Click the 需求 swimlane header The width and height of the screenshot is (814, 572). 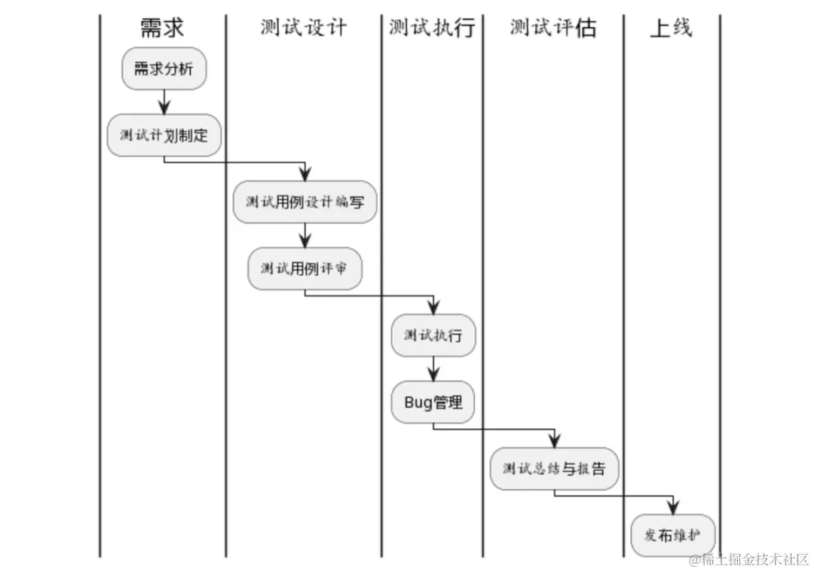click(162, 29)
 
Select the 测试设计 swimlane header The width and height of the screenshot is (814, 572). click(304, 28)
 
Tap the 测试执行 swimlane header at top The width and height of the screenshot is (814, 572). click(432, 29)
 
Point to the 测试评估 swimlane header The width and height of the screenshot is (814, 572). click(552, 29)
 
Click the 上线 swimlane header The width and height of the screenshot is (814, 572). click(671, 29)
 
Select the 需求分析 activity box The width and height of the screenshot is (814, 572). click(164, 69)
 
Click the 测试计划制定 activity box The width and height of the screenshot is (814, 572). click(164, 136)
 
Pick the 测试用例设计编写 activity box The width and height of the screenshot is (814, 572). click(304, 202)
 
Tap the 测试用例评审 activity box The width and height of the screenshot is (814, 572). click(304, 268)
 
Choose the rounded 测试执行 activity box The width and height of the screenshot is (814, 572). click(433, 335)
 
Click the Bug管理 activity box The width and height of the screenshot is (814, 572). click(433, 402)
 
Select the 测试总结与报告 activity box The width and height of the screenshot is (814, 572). click(554, 469)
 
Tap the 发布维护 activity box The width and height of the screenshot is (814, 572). click(672, 536)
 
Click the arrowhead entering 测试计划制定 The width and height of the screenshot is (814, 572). click(164, 107)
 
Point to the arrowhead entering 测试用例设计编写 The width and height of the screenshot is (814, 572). click(304, 173)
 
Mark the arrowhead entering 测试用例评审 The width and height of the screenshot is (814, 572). click(304, 240)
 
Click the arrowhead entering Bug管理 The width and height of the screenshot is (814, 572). click(433, 375)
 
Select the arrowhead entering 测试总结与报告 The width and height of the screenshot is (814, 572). click(554, 441)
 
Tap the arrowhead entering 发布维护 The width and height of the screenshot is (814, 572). click(672, 508)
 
